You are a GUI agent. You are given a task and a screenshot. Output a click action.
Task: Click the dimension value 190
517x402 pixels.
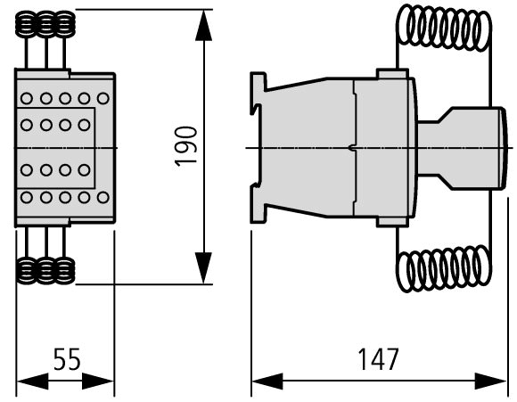pos(186,146)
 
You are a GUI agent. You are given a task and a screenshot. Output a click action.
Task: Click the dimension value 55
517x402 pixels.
pos(67,359)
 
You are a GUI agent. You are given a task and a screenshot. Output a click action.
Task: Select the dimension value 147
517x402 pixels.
pos(378,359)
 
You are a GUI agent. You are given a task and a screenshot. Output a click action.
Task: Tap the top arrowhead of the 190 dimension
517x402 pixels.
pos(204,25)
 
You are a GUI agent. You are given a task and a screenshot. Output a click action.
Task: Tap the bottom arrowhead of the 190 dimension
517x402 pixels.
pos(204,267)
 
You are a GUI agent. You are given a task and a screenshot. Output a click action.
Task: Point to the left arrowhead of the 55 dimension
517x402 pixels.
pos(32,381)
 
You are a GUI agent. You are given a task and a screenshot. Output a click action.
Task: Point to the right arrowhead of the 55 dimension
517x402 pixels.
pos(98,381)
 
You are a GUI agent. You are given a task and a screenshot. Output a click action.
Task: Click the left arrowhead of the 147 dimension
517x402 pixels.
pos(267,381)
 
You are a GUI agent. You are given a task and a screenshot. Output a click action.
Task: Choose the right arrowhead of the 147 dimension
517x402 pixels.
pos(490,381)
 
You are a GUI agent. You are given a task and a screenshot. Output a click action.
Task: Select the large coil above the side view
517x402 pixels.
pos(444,28)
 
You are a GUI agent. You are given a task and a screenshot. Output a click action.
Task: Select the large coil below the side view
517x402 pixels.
pos(444,268)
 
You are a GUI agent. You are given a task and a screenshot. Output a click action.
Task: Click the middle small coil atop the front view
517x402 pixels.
pos(45,24)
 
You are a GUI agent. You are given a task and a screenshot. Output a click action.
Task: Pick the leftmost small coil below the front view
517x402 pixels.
pos(27,271)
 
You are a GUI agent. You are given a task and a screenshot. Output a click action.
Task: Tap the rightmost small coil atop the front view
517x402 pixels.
pos(64,24)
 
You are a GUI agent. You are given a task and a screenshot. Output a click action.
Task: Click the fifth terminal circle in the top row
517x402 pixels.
pos(103,98)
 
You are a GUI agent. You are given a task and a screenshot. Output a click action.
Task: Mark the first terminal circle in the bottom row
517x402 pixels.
pos(27,198)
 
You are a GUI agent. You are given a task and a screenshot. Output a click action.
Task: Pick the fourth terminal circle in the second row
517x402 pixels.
pos(84,125)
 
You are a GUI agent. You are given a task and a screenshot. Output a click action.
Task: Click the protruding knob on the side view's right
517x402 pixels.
pos(462,148)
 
